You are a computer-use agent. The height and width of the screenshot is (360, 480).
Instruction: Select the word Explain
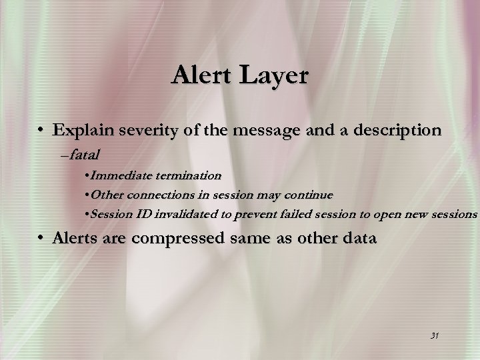tap(85, 130)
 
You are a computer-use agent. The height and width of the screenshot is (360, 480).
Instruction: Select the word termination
tap(188, 175)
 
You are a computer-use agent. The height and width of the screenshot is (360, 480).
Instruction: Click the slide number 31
tap(434, 335)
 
